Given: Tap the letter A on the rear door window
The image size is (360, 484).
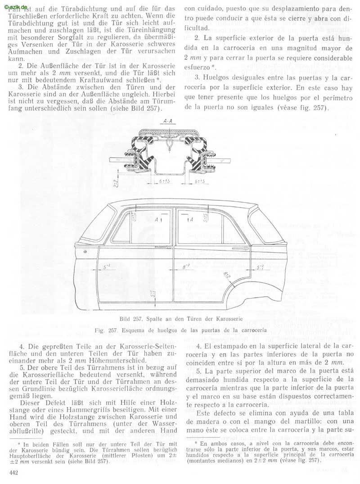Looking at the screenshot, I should (192, 220).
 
